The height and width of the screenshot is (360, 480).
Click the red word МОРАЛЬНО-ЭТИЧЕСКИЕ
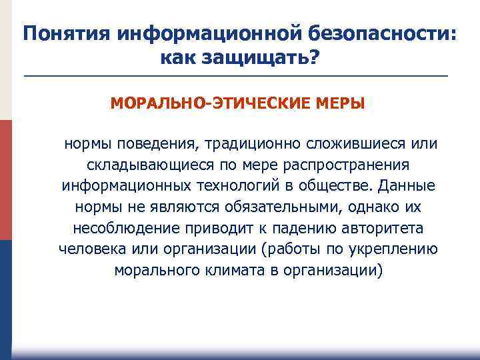coord(206,104)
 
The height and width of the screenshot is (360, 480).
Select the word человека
coord(87,250)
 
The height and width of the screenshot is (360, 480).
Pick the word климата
coord(227,271)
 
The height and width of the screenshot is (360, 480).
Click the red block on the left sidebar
coord(5,180)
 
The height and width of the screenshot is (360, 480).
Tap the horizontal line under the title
coord(236,77)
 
